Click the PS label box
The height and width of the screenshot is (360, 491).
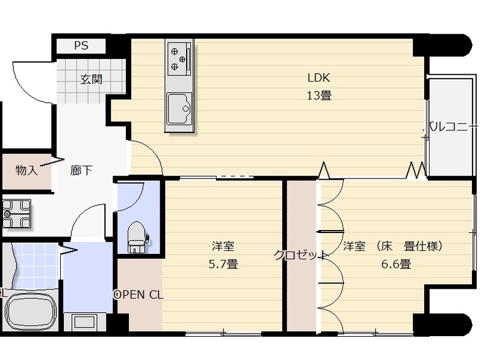[x=80, y=45]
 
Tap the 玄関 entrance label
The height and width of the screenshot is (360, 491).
[x=90, y=79]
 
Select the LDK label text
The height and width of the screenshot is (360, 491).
[x=319, y=78]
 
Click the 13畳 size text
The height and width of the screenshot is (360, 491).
[x=319, y=95]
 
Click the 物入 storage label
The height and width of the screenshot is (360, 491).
[x=26, y=170]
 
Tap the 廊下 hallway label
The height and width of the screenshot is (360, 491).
[x=81, y=170]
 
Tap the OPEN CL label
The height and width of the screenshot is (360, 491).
[x=139, y=294]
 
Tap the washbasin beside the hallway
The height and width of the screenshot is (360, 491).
[x=17, y=213]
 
